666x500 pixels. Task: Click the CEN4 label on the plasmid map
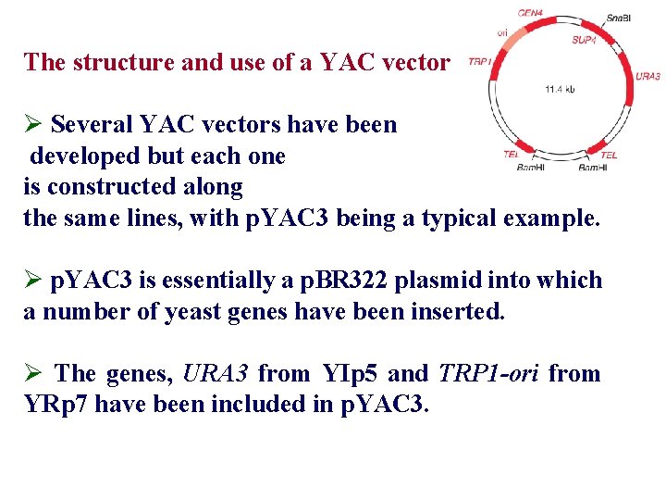530,13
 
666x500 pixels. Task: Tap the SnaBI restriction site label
619,19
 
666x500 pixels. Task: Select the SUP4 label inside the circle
584,40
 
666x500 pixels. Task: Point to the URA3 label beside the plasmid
648,76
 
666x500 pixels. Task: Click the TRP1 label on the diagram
479,61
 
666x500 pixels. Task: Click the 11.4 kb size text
559,89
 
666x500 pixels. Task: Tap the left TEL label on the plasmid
511,154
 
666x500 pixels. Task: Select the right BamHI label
593,168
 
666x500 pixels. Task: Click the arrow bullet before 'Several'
33,125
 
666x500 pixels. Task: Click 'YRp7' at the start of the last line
55,405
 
